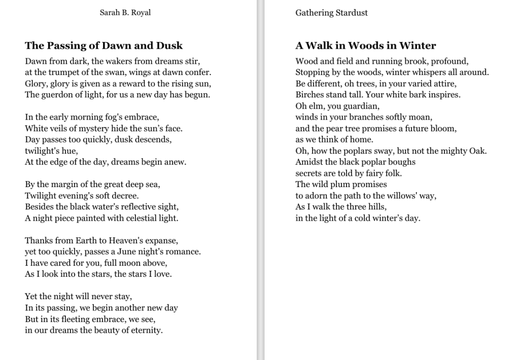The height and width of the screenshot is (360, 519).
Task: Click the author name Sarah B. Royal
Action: pyautogui.click(x=125, y=13)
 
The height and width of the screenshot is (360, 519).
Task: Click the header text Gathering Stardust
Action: pyautogui.click(x=331, y=13)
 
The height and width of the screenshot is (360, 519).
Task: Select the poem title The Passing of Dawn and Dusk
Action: pyautogui.click(x=103, y=46)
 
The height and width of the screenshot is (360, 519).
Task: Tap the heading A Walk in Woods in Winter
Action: pyautogui.click(x=365, y=46)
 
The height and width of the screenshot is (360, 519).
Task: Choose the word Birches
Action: pyautogui.click(x=310, y=95)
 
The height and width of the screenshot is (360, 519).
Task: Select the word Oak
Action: pyautogui.click(x=477, y=151)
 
